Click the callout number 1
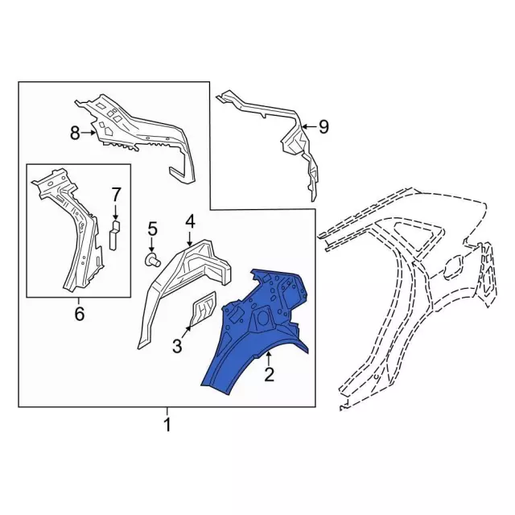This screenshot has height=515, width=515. point(167,425)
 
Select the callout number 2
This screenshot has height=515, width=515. point(270,373)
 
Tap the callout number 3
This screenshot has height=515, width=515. point(178,346)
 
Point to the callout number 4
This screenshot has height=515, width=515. point(190,220)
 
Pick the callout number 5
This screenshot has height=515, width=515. point(152,233)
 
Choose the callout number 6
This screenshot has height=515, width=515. point(79,313)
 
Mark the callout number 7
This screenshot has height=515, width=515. point(115,194)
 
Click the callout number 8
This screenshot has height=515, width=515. point(75,134)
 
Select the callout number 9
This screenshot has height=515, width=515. point(323,126)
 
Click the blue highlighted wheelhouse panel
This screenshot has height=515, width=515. point(257,330)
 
